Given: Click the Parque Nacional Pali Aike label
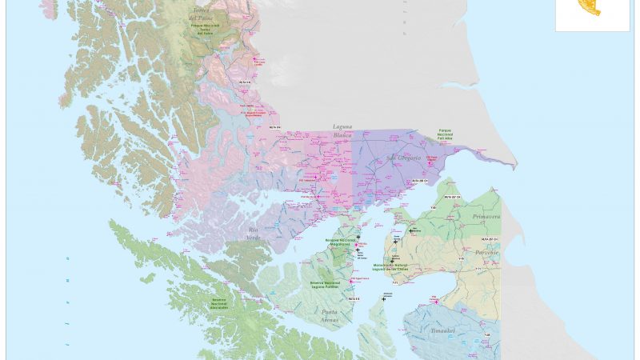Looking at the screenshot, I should pyautogui.click(x=446, y=134).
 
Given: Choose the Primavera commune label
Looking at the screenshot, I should pyautogui.click(x=485, y=217).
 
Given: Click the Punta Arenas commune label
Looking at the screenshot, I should pyautogui.click(x=330, y=315).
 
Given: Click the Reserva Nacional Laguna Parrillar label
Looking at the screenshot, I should pyautogui.click(x=326, y=285).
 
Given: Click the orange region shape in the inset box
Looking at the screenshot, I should pyautogui.click(x=589, y=7).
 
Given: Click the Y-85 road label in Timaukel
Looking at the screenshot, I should pyautogui.click(x=486, y=334).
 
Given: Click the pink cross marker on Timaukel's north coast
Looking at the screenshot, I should pyautogui.click(x=436, y=301).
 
